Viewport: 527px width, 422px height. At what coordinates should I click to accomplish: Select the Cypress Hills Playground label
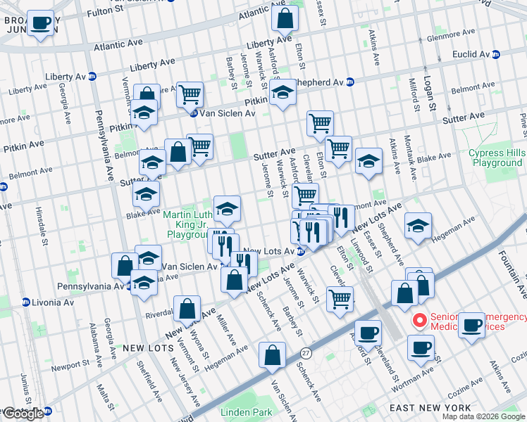pos(496,158)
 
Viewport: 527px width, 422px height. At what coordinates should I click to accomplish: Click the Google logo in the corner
pos(23,414)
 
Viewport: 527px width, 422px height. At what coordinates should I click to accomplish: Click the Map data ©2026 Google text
pos(483,416)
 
